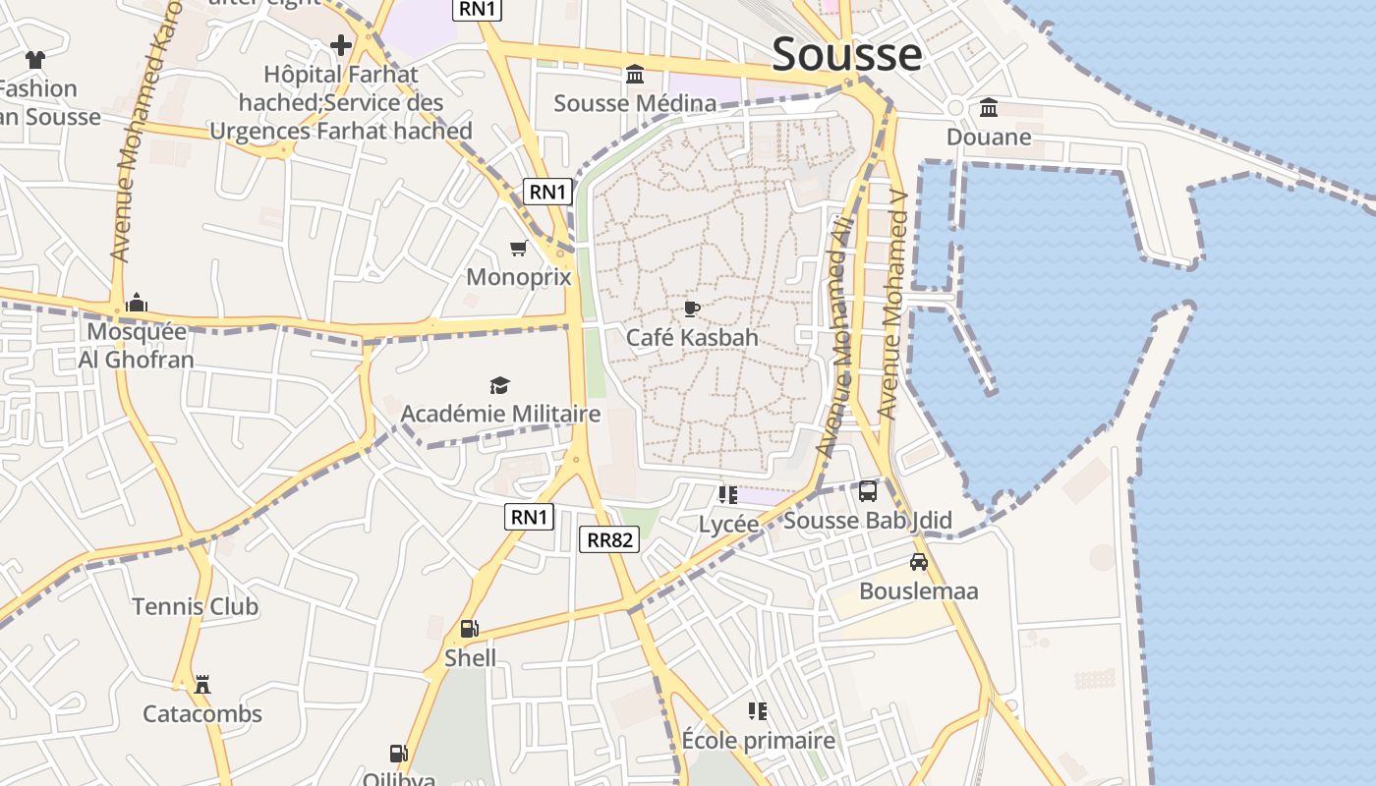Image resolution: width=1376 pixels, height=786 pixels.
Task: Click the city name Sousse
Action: click(x=846, y=54)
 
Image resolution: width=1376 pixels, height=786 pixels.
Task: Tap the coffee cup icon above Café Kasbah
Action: click(x=692, y=309)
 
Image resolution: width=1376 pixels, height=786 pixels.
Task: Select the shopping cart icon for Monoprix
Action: click(x=518, y=249)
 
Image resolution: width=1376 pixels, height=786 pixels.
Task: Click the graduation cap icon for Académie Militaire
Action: click(x=500, y=385)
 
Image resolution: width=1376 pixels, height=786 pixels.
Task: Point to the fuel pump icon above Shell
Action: click(x=470, y=629)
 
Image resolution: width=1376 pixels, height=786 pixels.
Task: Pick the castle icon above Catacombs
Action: click(x=202, y=684)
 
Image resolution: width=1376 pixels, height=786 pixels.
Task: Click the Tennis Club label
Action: click(x=196, y=606)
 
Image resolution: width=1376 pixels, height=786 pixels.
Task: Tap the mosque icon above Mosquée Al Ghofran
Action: click(x=137, y=303)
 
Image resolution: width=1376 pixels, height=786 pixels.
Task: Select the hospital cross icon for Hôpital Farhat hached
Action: click(x=341, y=45)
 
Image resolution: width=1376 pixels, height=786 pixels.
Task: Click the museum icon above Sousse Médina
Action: click(x=635, y=75)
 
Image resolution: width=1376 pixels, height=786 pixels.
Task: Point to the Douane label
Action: click(x=989, y=137)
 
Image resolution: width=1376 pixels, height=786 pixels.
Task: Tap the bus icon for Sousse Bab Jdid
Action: click(x=868, y=491)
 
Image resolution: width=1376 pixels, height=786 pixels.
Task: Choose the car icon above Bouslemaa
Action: click(x=919, y=562)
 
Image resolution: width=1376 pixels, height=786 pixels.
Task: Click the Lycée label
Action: click(x=728, y=524)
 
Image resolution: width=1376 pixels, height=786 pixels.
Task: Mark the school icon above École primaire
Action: click(x=758, y=710)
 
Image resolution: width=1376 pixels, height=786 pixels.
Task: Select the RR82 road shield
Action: click(x=610, y=538)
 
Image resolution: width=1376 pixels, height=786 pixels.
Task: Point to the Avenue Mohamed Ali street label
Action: click(x=835, y=339)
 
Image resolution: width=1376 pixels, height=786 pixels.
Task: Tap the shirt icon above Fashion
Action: click(x=35, y=60)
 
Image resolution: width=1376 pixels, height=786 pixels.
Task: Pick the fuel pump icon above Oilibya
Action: click(x=398, y=754)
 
